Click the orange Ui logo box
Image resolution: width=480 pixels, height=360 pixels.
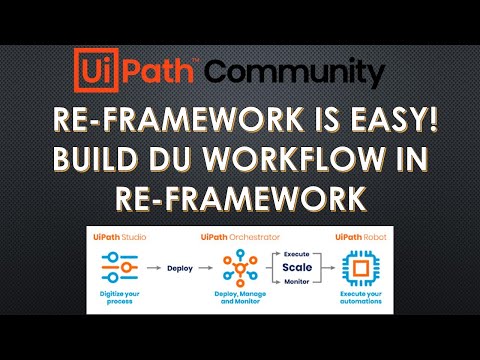[97, 71]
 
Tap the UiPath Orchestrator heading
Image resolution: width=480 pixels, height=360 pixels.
[238, 236]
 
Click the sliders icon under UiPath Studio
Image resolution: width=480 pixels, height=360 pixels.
[120, 268]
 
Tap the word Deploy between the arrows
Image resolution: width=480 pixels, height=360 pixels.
[179, 268]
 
